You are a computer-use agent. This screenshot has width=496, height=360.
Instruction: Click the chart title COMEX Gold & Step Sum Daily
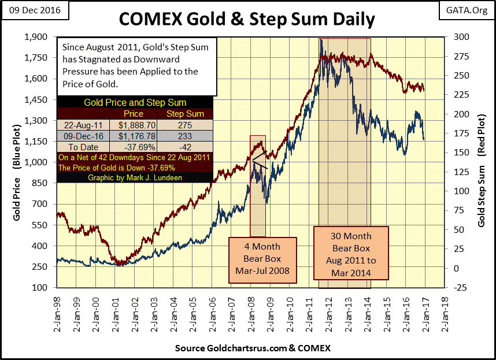pyautogui.click(x=247, y=19)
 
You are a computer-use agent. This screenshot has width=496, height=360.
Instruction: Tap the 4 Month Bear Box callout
pyautogui.click(x=263, y=259)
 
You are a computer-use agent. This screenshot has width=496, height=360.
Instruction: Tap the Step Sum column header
pyautogui.click(x=181, y=113)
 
